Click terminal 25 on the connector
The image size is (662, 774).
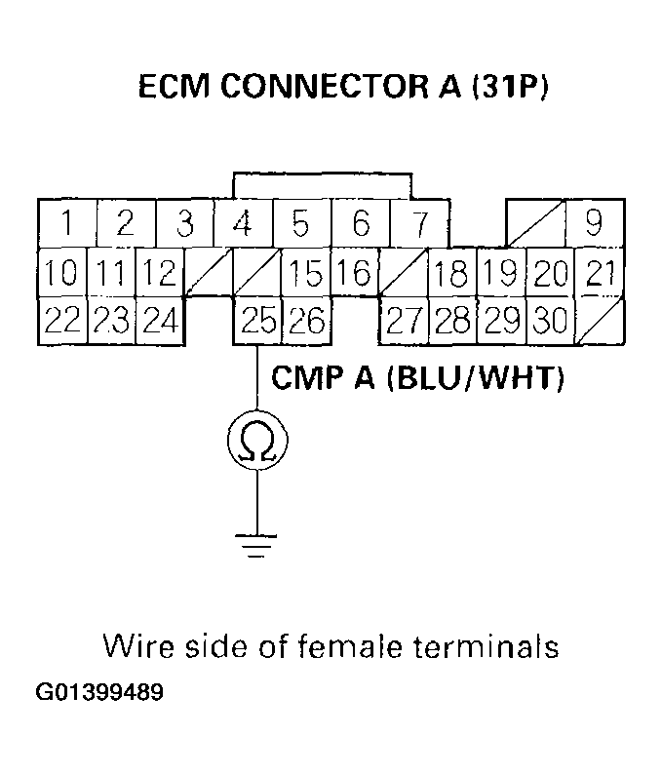[x=257, y=321]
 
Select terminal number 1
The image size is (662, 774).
[x=66, y=224]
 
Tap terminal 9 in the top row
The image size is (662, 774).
[x=594, y=224]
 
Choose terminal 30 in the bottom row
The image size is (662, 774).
[x=551, y=321]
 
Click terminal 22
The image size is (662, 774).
[x=61, y=321]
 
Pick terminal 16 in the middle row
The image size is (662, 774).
[x=356, y=274]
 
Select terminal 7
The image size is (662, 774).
[x=418, y=224]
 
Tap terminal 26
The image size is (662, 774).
[x=306, y=321]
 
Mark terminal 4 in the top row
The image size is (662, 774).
[x=243, y=224]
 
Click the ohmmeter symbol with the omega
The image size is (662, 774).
[x=257, y=443]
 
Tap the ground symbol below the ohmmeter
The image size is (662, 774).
[x=257, y=547]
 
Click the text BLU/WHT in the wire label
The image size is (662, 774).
[x=477, y=378]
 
